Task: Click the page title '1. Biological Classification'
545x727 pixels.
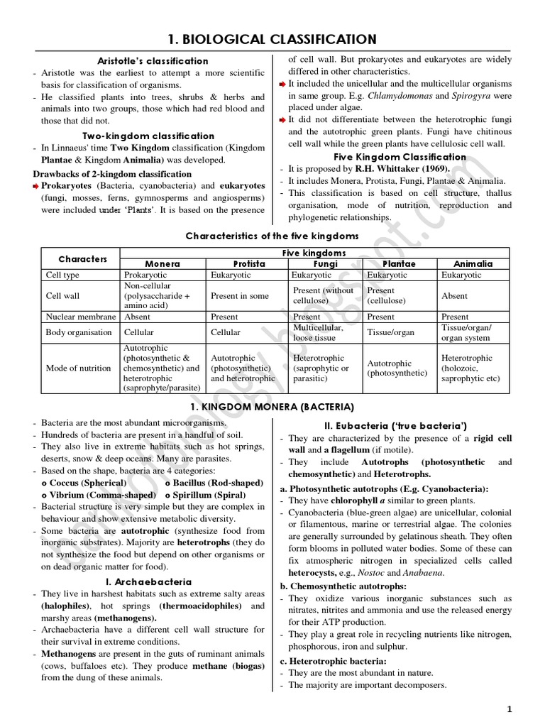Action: (272, 38)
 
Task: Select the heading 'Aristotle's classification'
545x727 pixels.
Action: (153, 61)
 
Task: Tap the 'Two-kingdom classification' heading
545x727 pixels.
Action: (148, 136)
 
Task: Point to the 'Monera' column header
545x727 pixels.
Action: (163, 263)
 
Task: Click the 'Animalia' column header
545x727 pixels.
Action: (473, 263)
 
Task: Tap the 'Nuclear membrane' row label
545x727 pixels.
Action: (79, 317)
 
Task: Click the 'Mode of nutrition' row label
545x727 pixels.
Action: (78, 368)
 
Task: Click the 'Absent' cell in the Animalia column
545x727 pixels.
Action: (454, 295)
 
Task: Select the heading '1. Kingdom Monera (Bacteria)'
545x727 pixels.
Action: (272, 407)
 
